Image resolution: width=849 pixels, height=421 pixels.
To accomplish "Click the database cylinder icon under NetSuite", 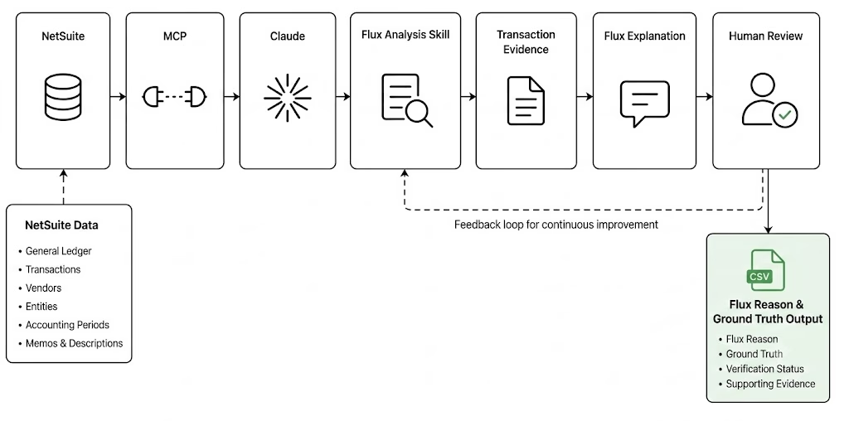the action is (x=63, y=98).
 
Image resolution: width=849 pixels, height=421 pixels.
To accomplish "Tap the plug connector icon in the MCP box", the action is (x=175, y=98).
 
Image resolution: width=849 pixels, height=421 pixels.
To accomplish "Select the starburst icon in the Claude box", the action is (x=287, y=98).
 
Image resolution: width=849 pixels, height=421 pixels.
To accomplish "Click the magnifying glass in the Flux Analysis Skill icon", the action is (x=419, y=114).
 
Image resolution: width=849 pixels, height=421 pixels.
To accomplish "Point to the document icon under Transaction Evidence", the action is (x=526, y=100).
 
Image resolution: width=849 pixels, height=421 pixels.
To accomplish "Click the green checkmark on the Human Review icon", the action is (x=784, y=114).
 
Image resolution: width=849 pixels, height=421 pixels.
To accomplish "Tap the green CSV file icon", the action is (x=765, y=270).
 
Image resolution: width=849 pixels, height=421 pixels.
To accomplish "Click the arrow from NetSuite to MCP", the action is (x=118, y=97).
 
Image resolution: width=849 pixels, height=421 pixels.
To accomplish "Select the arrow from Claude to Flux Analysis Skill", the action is (x=342, y=97).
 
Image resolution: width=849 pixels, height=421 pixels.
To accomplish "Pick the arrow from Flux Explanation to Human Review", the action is (x=705, y=97).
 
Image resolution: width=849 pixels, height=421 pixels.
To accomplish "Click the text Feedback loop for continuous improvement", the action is (x=556, y=224).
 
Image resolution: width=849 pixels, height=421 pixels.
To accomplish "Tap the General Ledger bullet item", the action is (x=59, y=251).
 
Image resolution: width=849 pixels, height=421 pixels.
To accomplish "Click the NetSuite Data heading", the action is (x=61, y=225).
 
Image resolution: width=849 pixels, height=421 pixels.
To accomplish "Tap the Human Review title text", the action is (x=765, y=36).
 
